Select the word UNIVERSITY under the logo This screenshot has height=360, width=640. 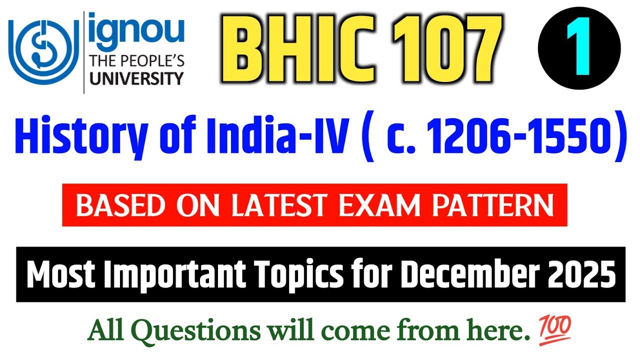click(136, 78)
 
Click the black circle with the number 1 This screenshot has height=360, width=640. click(579, 48)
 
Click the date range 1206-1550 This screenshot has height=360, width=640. click(514, 135)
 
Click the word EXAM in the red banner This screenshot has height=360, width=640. click(382, 205)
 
